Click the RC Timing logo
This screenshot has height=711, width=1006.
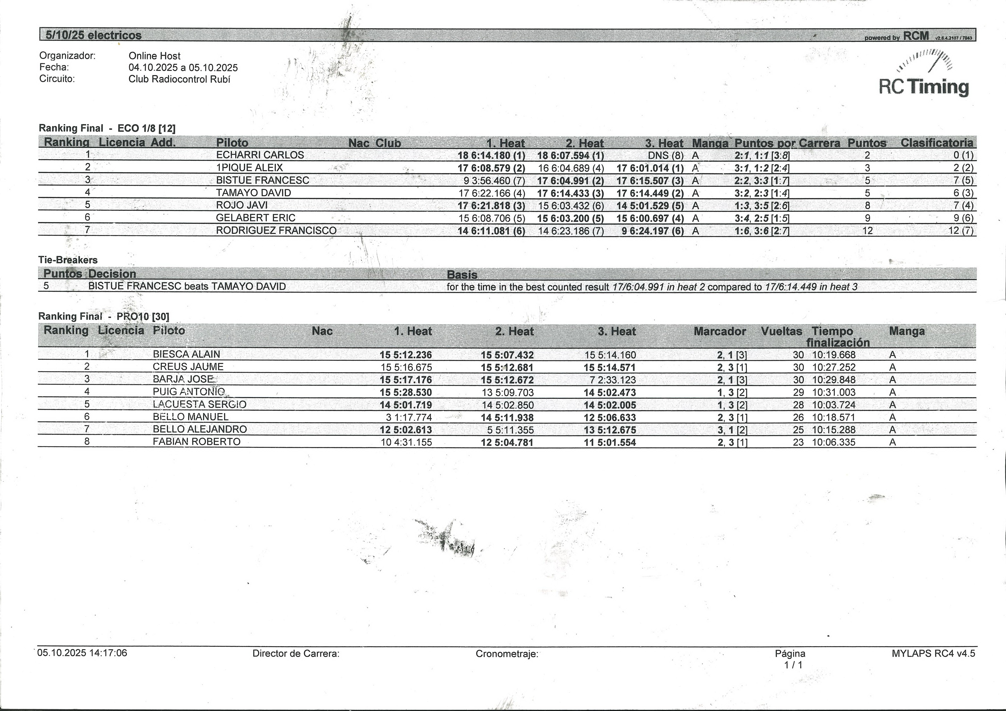[x=924, y=75]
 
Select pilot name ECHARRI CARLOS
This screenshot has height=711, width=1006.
[x=260, y=155]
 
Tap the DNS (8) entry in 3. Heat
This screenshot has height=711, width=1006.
[x=666, y=155]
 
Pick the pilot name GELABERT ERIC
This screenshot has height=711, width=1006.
[x=256, y=218]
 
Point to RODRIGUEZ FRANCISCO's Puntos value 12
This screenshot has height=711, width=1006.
[x=867, y=231]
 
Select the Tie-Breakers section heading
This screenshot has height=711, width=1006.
[x=68, y=260]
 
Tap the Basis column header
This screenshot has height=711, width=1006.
[x=462, y=275]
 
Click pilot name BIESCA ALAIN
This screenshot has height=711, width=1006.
[x=186, y=354]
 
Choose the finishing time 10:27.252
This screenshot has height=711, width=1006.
[x=833, y=367]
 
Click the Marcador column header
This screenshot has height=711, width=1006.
[x=720, y=331]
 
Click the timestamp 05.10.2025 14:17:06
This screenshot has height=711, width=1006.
[x=82, y=653]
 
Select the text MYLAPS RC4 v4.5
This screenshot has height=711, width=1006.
[x=933, y=653]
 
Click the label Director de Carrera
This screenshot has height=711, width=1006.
[x=296, y=654]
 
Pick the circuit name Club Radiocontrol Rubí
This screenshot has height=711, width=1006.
[x=179, y=79]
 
